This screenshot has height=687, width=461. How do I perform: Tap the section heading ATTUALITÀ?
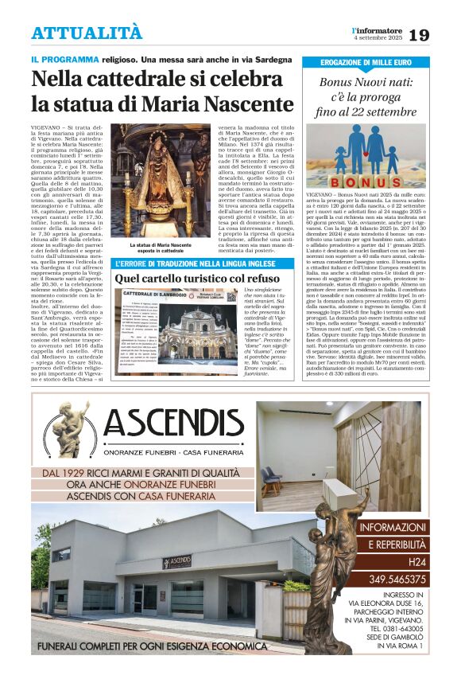87,33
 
